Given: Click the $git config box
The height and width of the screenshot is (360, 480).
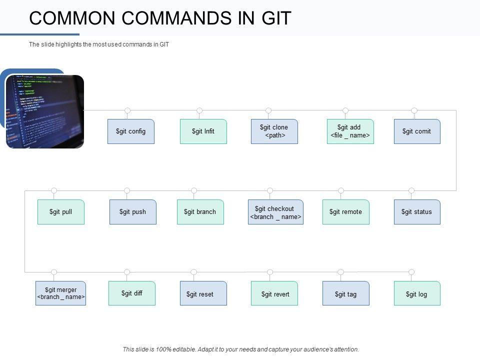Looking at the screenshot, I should [x=131, y=131].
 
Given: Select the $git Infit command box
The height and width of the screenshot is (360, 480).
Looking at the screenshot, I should [x=203, y=131].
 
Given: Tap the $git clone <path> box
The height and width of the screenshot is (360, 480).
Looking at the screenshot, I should [x=274, y=131].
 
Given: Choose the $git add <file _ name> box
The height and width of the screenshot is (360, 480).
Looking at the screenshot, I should [x=350, y=131].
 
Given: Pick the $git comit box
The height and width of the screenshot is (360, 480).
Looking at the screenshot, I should [x=417, y=131].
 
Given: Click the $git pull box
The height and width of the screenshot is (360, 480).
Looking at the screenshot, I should [x=61, y=212].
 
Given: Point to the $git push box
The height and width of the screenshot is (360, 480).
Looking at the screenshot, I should [x=133, y=212].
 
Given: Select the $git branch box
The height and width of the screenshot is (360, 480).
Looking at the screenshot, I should [x=200, y=212].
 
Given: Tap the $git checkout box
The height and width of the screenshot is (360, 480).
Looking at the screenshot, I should [x=275, y=212].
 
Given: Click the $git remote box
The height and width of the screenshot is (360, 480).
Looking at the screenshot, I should [x=346, y=212].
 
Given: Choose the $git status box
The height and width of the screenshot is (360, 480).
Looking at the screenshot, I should [x=417, y=212].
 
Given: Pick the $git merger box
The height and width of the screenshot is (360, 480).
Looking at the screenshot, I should [x=61, y=293].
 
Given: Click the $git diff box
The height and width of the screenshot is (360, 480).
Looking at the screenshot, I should [x=132, y=293].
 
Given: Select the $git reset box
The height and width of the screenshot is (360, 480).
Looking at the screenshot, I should [x=203, y=293].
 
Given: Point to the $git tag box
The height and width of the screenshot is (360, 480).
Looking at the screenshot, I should [x=346, y=293].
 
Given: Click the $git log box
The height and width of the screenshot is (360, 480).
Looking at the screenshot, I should [x=417, y=293].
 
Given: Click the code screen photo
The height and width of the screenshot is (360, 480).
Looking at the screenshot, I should [x=45, y=111].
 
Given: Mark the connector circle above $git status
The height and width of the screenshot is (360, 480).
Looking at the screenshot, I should [x=411, y=190].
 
